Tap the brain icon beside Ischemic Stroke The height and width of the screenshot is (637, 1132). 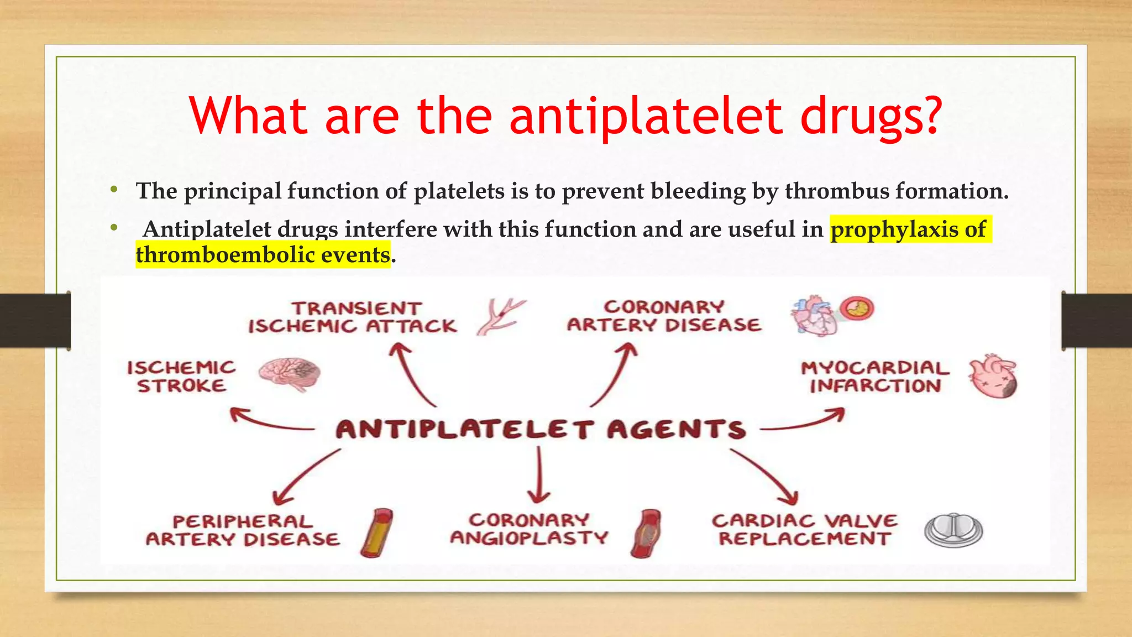(x=290, y=374)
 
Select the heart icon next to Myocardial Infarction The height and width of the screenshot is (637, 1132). (x=993, y=377)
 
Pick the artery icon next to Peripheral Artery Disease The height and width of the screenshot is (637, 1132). (x=377, y=532)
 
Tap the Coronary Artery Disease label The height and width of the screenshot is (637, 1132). (x=664, y=316)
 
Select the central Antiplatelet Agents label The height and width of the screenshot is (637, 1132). (x=541, y=430)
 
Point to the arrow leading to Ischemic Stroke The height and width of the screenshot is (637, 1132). (x=271, y=420)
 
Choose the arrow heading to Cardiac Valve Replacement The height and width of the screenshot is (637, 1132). (x=765, y=476)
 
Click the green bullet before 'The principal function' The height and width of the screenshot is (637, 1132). (x=114, y=190)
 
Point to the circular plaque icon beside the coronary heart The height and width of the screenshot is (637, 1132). (x=857, y=309)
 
